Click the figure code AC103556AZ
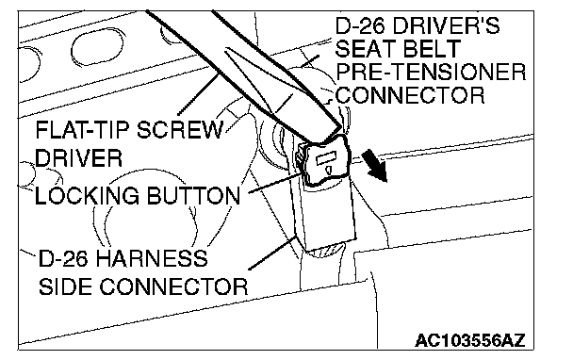tap(470, 340)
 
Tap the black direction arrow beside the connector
tap(374, 167)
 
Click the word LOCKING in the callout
tap(87, 195)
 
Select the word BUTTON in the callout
tap(194, 195)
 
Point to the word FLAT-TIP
tap(83, 130)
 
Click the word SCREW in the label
tap(180, 130)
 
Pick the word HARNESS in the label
tap(152, 258)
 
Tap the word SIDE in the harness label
tap(66, 286)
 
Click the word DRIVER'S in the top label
tap(446, 25)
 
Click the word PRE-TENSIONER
tap(431, 72)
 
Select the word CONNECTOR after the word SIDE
tap(173, 286)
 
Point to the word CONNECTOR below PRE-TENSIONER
tap(410, 95)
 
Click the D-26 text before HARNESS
tap(63, 258)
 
